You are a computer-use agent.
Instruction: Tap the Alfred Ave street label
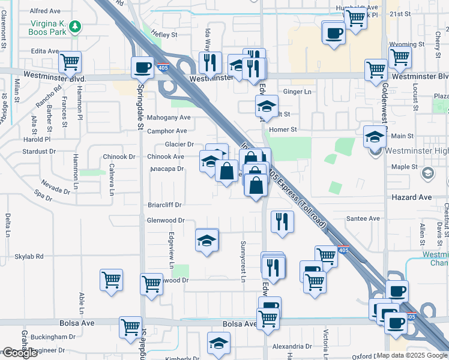pos(45,11)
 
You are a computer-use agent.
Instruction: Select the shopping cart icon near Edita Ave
pos(70,61)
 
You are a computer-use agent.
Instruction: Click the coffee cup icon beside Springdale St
pos(143,67)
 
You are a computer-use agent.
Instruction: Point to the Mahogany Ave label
pos(171,118)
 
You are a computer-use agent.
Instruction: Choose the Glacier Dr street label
pos(179,144)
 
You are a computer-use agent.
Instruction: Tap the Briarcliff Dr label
pos(164,205)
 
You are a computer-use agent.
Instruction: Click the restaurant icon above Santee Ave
pos(281,222)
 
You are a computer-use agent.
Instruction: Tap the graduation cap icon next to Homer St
pos(267,107)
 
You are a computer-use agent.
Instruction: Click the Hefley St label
pos(164,35)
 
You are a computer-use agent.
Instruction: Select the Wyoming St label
pos(403,44)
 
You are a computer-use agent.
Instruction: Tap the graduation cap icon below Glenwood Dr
pos(206,241)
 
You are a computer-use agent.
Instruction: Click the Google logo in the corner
pos(19,353)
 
